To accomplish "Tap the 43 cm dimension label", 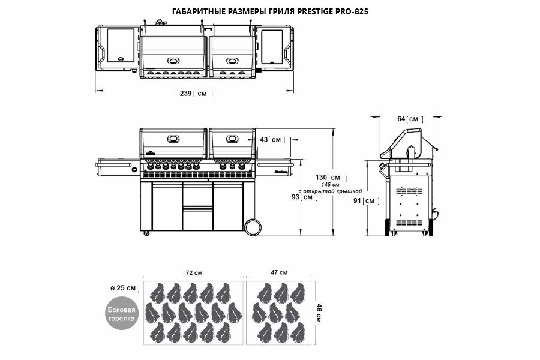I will coord(271,140).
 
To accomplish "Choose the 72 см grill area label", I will coord(193,273).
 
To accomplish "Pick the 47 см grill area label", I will coord(279,273).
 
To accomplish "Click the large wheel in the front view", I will coord(253,226).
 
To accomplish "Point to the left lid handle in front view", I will coord(173,139).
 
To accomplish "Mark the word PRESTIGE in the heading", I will coord(311,11).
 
